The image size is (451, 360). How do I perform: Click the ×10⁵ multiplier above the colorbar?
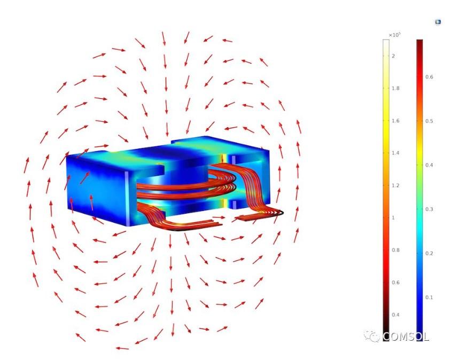tap(394, 35)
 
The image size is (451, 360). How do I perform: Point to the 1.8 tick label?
tap(396, 88)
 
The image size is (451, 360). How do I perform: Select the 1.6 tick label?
tap(396, 121)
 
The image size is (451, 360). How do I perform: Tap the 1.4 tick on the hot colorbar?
tap(396, 153)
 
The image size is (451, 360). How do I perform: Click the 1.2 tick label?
tap(396, 185)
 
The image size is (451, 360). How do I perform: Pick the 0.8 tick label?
tap(396, 250)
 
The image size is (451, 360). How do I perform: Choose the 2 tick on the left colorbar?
tap(393, 56)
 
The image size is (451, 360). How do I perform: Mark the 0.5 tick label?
tap(429, 121)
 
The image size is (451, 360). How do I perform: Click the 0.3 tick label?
tap(429, 209)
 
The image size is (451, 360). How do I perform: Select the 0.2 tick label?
tap(429, 253)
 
